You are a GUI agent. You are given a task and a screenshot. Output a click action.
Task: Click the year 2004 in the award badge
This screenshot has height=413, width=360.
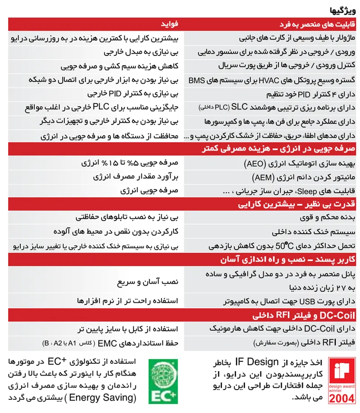[342, 397]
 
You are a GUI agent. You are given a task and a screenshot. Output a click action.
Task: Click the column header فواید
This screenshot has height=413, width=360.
[170, 23]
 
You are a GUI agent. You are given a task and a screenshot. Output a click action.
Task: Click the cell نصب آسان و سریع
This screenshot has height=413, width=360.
[154, 281]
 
